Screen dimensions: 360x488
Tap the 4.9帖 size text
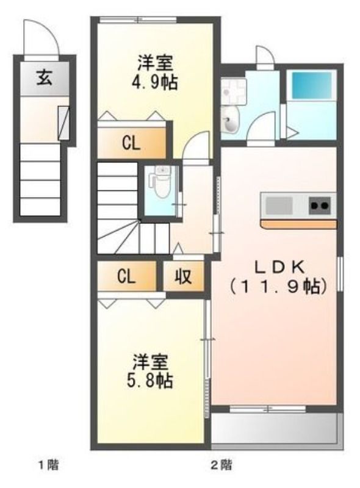(x=155, y=83)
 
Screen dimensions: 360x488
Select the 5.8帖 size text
(x=149, y=380)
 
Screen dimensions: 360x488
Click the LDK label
(x=279, y=267)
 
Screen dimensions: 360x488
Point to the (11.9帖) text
(x=278, y=287)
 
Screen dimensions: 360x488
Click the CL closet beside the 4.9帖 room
(x=131, y=143)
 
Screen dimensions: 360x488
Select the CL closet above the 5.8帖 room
(x=126, y=276)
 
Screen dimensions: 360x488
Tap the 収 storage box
(x=183, y=276)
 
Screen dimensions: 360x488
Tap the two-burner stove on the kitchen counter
(x=320, y=206)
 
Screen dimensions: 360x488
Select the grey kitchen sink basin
(x=279, y=206)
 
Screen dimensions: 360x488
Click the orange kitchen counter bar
(x=299, y=224)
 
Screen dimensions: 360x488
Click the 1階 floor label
(x=49, y=465)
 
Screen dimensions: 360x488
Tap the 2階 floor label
(x=221, y=465)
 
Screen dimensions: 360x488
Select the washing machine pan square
(x=234, y=91)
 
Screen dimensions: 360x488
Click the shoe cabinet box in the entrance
(x=64, y=123)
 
